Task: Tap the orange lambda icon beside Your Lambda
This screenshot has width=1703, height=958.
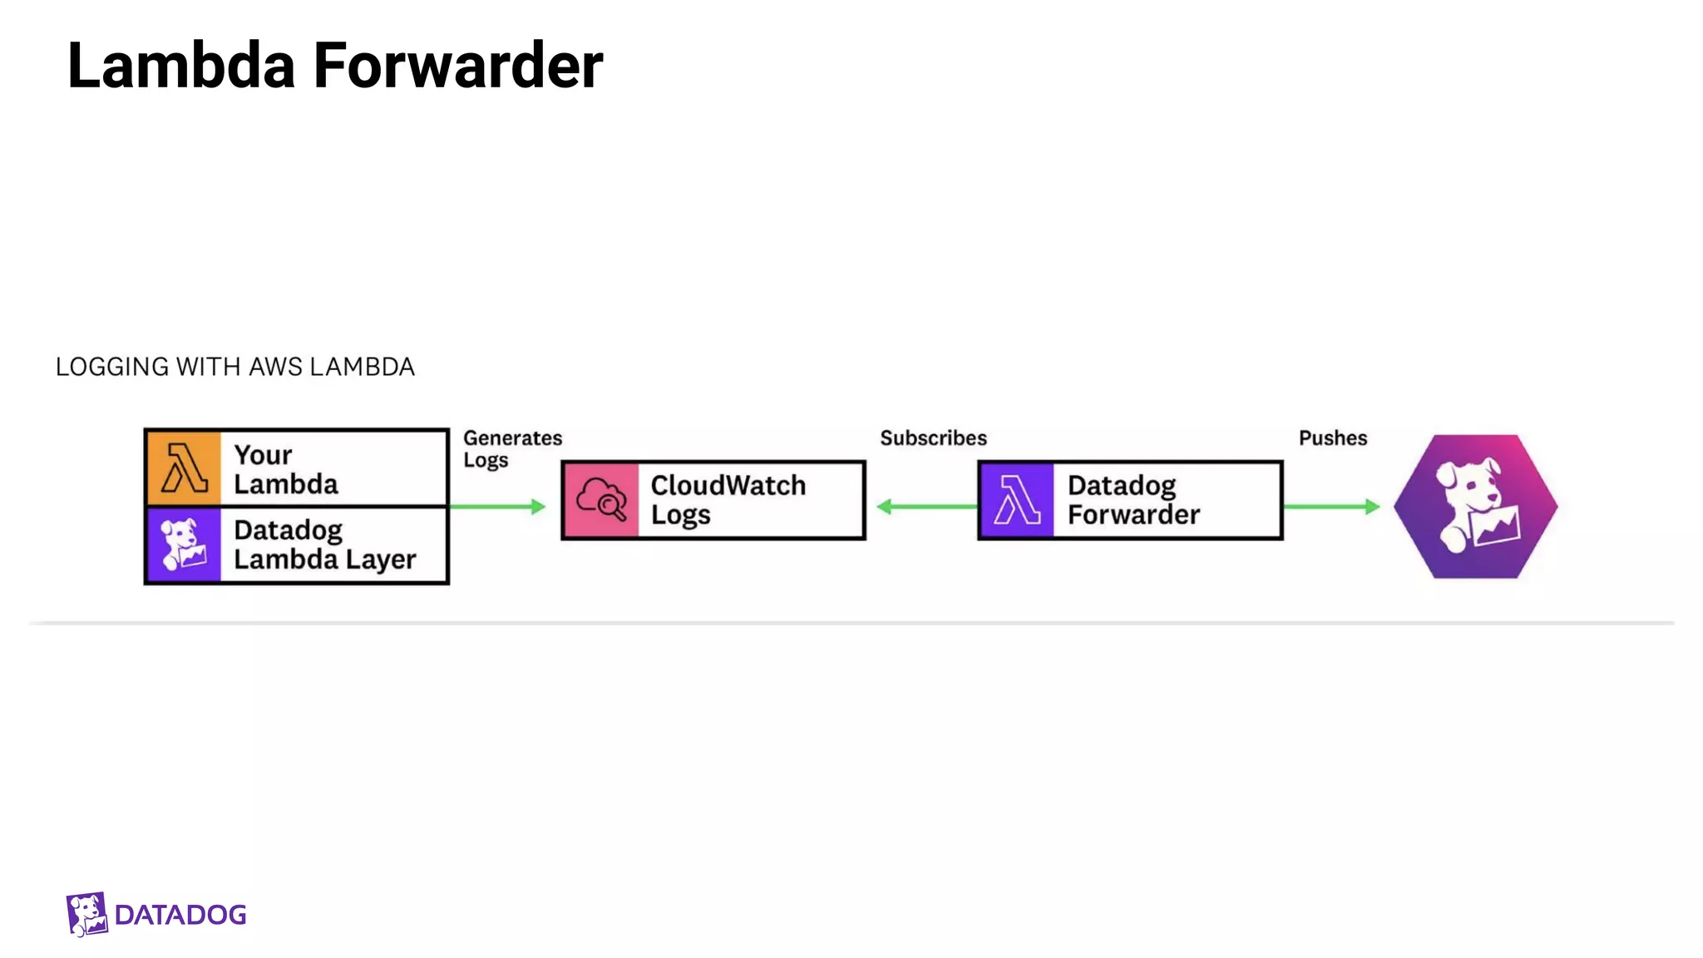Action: point(184,468)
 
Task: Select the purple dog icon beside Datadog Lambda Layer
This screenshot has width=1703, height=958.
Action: point(184,545)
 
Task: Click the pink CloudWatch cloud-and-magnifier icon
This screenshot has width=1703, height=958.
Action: point(601,501)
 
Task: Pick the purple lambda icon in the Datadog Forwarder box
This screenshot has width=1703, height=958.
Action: point(1017,501)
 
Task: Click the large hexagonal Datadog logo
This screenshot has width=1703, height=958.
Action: point(1476,506)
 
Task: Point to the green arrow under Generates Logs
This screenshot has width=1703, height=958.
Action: point(497,506)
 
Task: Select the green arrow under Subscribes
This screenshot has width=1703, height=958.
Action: point(927,506)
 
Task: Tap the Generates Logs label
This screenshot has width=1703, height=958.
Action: point(511,449)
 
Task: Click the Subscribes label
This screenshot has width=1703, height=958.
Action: point(933,438)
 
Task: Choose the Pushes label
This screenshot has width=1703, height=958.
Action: point(1333,438)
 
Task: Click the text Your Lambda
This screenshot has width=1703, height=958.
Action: point(286,469)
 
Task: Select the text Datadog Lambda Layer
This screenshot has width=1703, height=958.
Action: point(324,545)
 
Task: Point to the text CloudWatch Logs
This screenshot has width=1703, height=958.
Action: point(728,500)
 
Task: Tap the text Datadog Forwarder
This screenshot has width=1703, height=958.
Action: point(1133,500)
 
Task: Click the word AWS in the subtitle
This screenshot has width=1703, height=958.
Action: point(276,367)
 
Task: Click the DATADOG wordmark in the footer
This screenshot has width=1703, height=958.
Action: point(180,915)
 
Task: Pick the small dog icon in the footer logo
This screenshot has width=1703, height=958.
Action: point(86,914)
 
